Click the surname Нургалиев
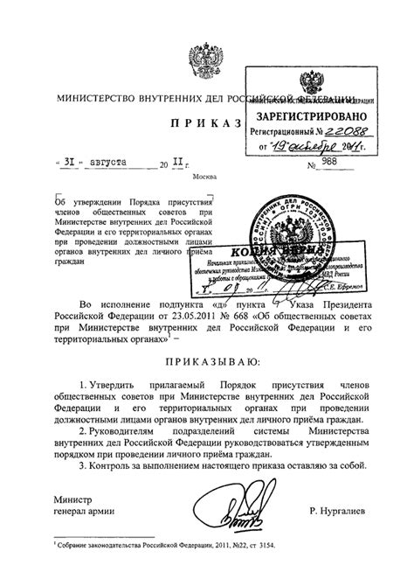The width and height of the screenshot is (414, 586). pos(332,509)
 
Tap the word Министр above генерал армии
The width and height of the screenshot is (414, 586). pos(72,497)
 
